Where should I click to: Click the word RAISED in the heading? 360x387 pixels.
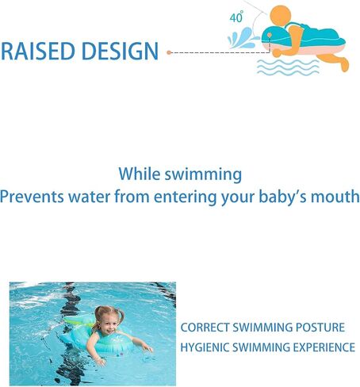(38, 51)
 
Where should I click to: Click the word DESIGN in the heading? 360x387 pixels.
(120, 51)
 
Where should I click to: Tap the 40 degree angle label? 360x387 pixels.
(236, 17)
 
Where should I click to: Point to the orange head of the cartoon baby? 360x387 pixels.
(281, 16)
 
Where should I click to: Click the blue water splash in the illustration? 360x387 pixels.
(242, 38)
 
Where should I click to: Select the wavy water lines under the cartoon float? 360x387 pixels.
(288, 67)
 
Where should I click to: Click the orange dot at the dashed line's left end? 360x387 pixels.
(169, 52)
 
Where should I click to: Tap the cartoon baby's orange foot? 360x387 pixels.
(344, 64)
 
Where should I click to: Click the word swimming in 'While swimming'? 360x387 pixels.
(203, 174)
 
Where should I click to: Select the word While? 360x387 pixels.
(139, 174)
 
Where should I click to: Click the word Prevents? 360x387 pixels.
(32, 197)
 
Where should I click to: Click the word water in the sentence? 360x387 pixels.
(89, 197)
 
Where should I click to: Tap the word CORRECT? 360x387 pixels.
(205, 328)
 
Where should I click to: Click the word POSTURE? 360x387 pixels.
(320, 328)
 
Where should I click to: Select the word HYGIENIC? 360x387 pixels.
(205, 347)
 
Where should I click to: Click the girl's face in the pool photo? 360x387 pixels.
(108, 325)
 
